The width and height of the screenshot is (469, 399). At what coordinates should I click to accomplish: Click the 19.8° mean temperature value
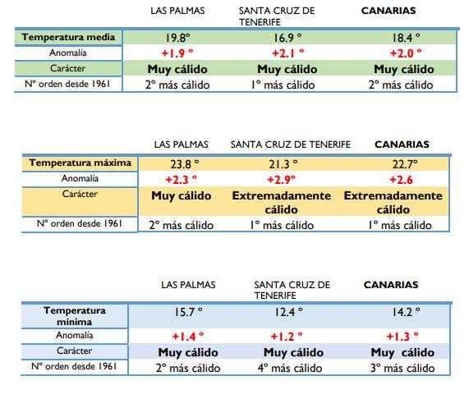(177, 38)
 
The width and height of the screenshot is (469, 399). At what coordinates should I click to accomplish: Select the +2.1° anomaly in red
(287, 53)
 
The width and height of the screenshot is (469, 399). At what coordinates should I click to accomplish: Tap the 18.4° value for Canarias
(406, 38)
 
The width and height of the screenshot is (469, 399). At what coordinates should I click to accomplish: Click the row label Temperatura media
(68, 37)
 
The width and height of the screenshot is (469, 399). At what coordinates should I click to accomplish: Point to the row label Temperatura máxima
(80, 163)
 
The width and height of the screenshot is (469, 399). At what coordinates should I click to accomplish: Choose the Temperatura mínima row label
(75, 316)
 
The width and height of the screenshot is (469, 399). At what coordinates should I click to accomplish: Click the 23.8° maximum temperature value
(185, 164)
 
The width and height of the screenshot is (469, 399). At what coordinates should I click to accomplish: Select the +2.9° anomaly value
(281, 180)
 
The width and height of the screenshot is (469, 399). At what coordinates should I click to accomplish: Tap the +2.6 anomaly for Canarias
(401, 180)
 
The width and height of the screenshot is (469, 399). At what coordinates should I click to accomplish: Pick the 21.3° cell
(283, 164)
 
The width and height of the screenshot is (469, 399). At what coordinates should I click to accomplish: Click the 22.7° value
(405, 164)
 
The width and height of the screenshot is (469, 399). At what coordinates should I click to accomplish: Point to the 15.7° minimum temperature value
(188, 312)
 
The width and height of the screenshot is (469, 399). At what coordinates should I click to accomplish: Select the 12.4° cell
(288, 312)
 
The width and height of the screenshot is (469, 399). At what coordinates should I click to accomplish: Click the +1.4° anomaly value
(188, 337)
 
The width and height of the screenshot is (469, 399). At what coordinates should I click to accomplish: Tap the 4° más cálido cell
(290, 368)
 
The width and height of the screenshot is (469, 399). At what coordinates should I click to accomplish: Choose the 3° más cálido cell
(402, 368)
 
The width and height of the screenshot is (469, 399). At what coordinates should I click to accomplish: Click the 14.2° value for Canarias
(406, 312)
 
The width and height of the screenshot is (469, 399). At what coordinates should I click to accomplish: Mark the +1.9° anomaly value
(177, 53)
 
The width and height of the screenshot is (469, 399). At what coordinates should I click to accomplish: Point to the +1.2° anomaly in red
(287, 337)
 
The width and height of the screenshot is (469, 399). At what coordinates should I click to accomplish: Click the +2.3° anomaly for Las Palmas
(182, 180)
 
